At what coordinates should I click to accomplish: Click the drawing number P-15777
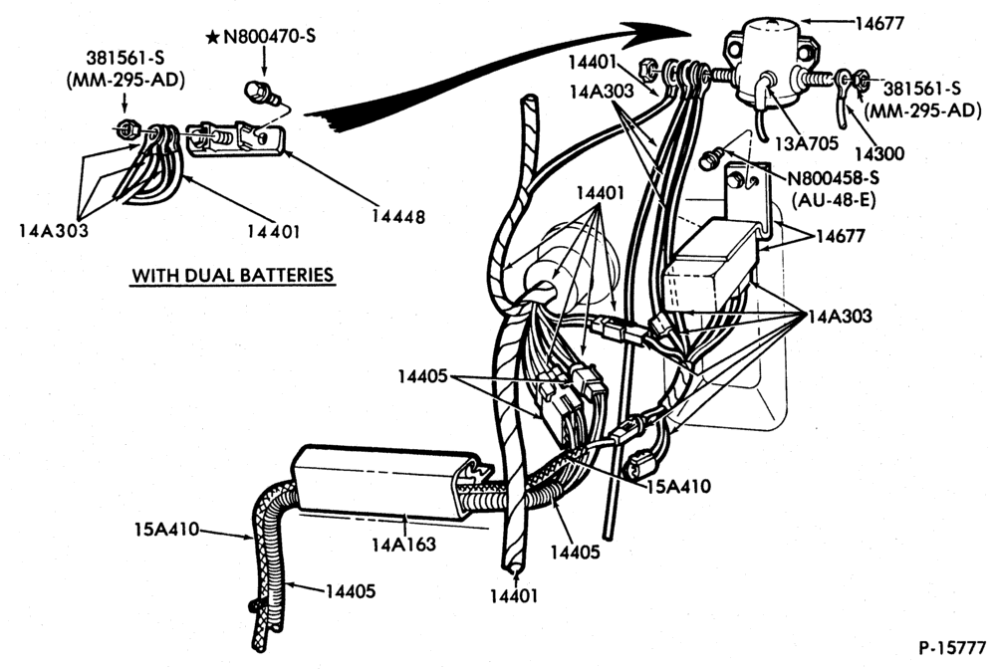click(952, 648)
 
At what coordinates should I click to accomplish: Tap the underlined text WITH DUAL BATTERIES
click(232, 276)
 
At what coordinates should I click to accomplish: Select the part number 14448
click(397, 216)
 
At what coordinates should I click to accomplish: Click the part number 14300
click(879, 153)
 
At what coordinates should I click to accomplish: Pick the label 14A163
click(404, 544)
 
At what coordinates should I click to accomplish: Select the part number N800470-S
click(269, 37)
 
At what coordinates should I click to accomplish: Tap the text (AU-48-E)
click(834, 200)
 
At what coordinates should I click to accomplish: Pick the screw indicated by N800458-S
click(711, 157)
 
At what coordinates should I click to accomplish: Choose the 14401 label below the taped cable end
click(513, 596)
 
